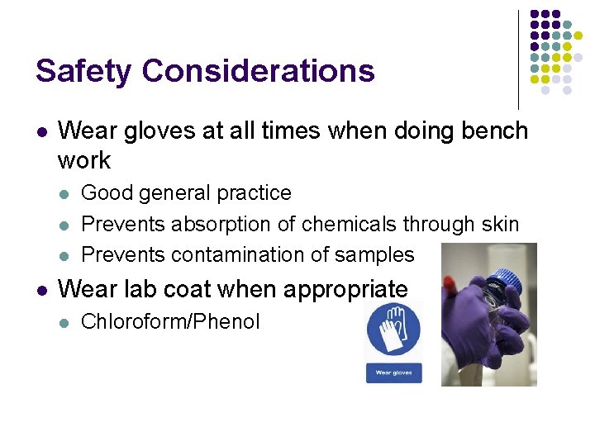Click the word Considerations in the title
click(x=258, y=71)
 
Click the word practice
click(x=253, y=192)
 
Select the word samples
click(x=378, y=255)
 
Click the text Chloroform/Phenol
click(x=170, y=321)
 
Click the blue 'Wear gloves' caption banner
click(x=394, y=372)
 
